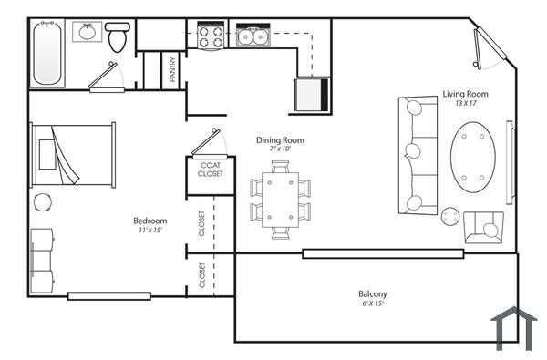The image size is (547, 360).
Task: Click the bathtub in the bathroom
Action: [x=46, y=52]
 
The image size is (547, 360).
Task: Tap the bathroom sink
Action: [x=88, y=33]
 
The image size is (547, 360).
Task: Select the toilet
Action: [x=117, y=39]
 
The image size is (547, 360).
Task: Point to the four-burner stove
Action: [x=211, y=36]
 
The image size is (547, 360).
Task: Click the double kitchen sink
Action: [x=252, y=36]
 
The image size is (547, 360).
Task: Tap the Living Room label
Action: [x=465, y=94]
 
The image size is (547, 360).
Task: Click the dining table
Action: [x=280, y=199]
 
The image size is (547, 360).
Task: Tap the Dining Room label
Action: [x=280, y=140]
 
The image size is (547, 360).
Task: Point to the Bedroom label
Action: [x=150, y=221]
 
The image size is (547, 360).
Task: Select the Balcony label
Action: [x=371, y=293]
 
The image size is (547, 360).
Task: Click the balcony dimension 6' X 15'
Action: [x=371, y=303]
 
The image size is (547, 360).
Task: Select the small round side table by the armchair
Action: [x=450, y=216]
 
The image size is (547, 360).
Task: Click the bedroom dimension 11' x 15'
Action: [x=150, y=231]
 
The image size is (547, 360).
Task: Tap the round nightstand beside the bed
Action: [x=42, y=201]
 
